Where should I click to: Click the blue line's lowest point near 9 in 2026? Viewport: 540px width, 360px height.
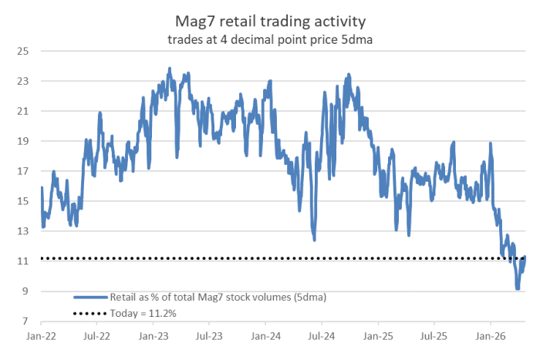click(518, 288)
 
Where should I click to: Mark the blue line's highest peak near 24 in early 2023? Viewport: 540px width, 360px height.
click(169, 69)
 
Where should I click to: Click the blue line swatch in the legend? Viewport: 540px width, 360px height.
click(89, 297)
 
